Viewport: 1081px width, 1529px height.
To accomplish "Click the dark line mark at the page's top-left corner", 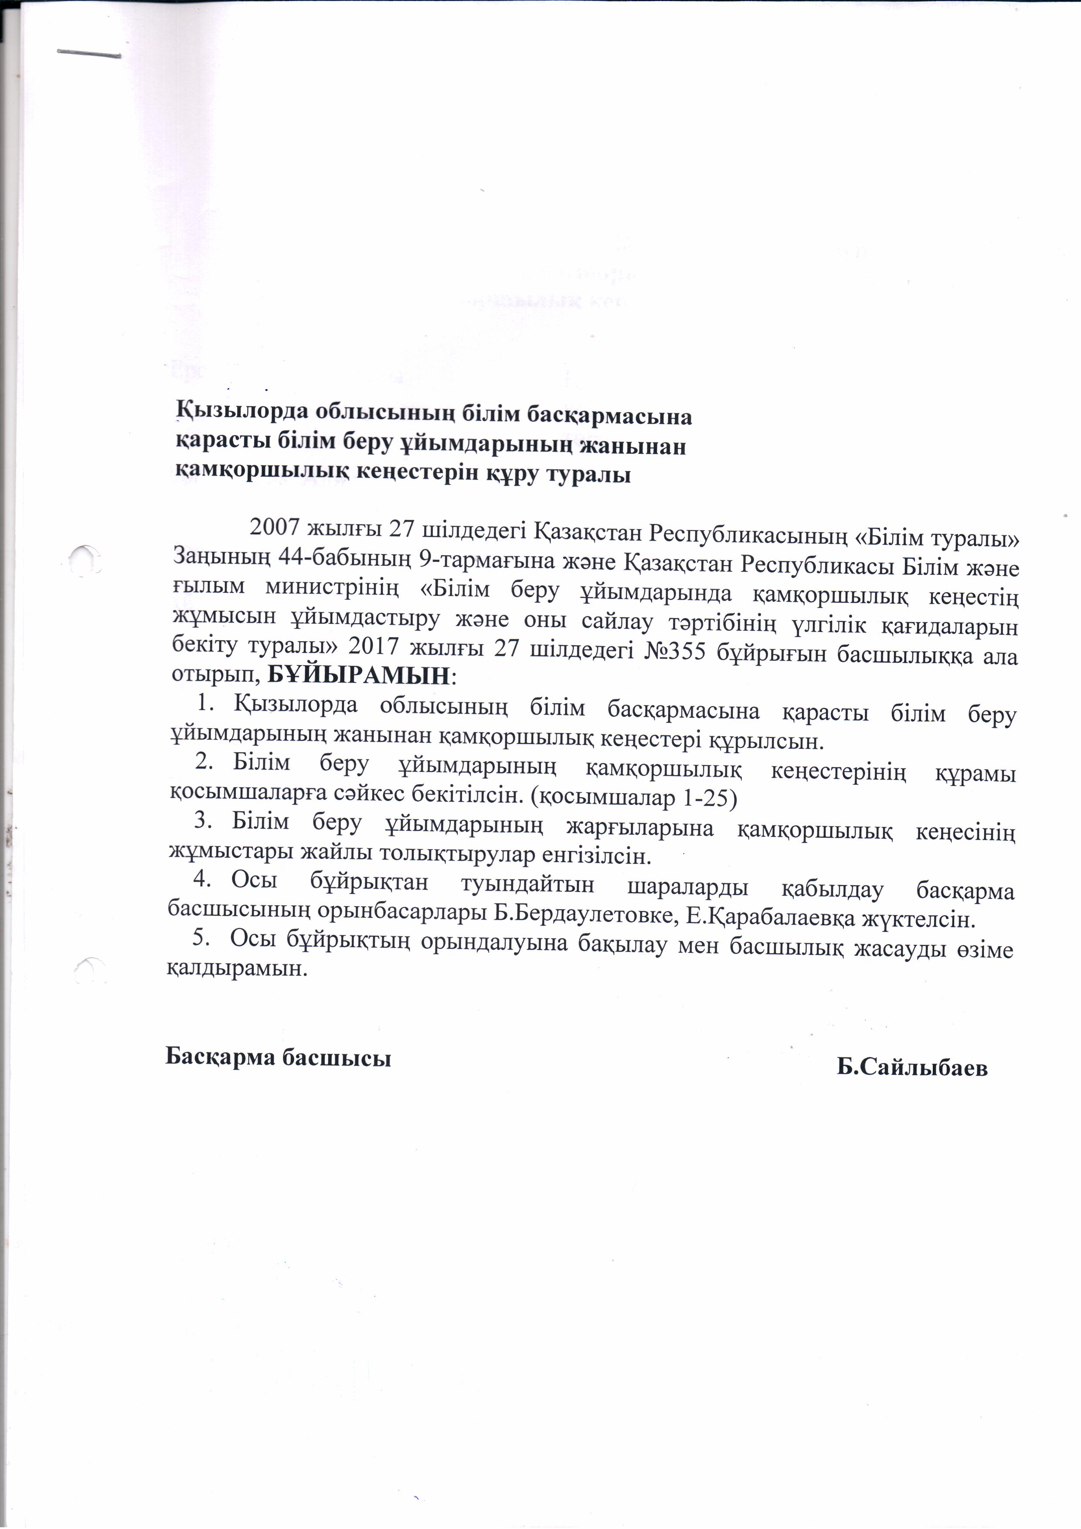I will pos(88,53).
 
